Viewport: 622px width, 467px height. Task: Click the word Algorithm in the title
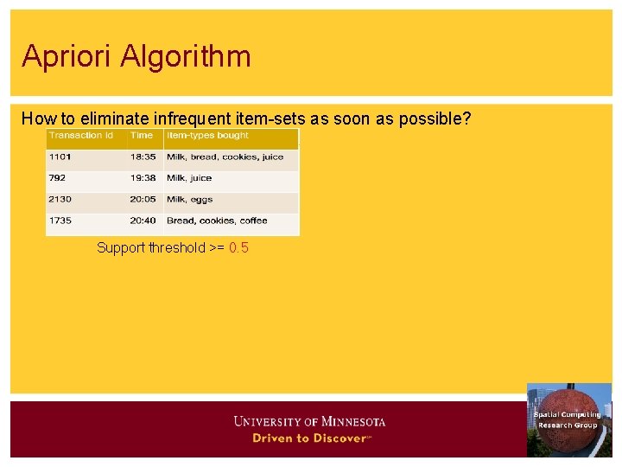tap(186, 57)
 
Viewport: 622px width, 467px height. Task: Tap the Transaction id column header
tap(81, 136)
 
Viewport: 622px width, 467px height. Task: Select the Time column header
tap(142, 136)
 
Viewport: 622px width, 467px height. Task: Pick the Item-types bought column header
tap(207, 136)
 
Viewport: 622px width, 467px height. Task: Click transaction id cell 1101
tap(60, 157)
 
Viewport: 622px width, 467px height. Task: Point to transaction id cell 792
tap(58, 178)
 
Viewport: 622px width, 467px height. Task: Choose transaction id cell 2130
tap(60, 200)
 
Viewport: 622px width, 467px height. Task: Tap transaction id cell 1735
tap(60, 221)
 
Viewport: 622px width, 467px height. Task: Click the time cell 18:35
tap(143, 157)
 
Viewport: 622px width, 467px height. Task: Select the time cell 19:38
tap(143, 178)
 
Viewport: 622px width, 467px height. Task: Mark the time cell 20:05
tap(143, 200)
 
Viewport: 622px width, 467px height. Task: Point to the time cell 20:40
tap(143, 221)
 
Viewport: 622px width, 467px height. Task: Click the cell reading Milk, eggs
tap(189, 200)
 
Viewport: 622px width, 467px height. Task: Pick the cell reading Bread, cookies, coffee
tap(217, 221)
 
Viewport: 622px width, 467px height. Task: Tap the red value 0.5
tap(238, 248)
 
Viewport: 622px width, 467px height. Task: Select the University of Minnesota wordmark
tap(309, 422)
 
